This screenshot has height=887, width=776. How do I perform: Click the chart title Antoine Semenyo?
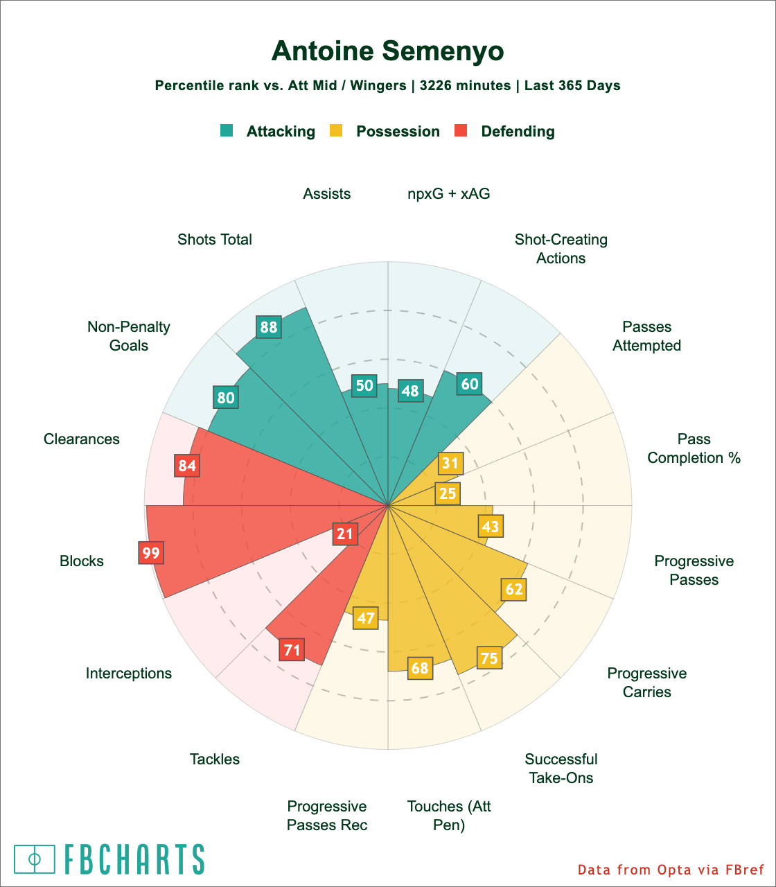387,51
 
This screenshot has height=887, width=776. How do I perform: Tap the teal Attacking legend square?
227,130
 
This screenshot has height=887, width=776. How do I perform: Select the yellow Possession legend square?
336,130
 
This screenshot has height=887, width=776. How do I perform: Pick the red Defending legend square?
461,130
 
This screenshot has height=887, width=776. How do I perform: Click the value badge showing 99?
150,553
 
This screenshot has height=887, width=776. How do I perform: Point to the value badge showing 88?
268,327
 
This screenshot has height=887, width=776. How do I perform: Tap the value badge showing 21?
344,533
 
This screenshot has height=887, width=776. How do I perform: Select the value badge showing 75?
489,658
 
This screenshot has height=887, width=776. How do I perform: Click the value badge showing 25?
448,493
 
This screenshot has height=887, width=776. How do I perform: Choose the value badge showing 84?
187,466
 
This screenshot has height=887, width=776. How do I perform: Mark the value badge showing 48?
410,391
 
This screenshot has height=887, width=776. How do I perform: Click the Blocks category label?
82,561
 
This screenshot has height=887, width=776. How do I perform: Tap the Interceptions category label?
129,674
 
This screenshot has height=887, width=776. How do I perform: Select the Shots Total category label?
215,240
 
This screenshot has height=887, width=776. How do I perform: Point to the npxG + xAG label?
449,194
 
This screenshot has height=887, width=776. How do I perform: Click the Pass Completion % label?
694,448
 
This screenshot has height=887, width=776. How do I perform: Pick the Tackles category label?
215,759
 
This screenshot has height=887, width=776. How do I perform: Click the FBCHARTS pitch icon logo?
35,859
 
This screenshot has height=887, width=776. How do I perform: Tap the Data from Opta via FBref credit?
671,870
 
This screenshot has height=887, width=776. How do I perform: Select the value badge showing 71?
292,650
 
